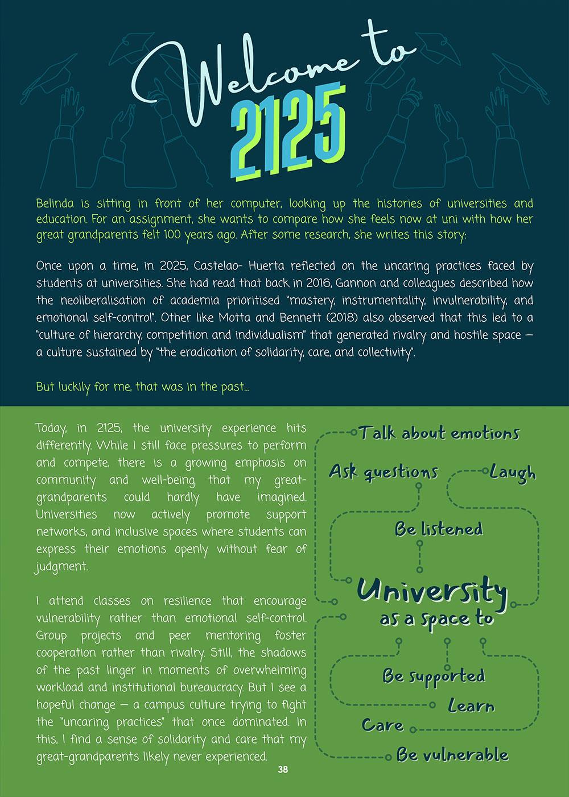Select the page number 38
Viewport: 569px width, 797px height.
tap(283, 770)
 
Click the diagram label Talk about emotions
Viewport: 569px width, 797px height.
tap(439, 433)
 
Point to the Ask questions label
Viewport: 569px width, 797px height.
tap(384, 471)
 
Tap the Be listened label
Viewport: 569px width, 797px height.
tap(439, 529)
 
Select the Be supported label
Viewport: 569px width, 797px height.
tap(434, 676)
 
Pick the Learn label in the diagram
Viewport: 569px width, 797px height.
tap(471, 707)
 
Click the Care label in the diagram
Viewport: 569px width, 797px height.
tap(383, 725)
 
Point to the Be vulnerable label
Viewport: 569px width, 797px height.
tap(452, 755)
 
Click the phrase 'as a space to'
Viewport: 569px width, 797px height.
tap(436, 619)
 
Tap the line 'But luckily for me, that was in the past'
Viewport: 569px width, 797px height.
tap(142, 387)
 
